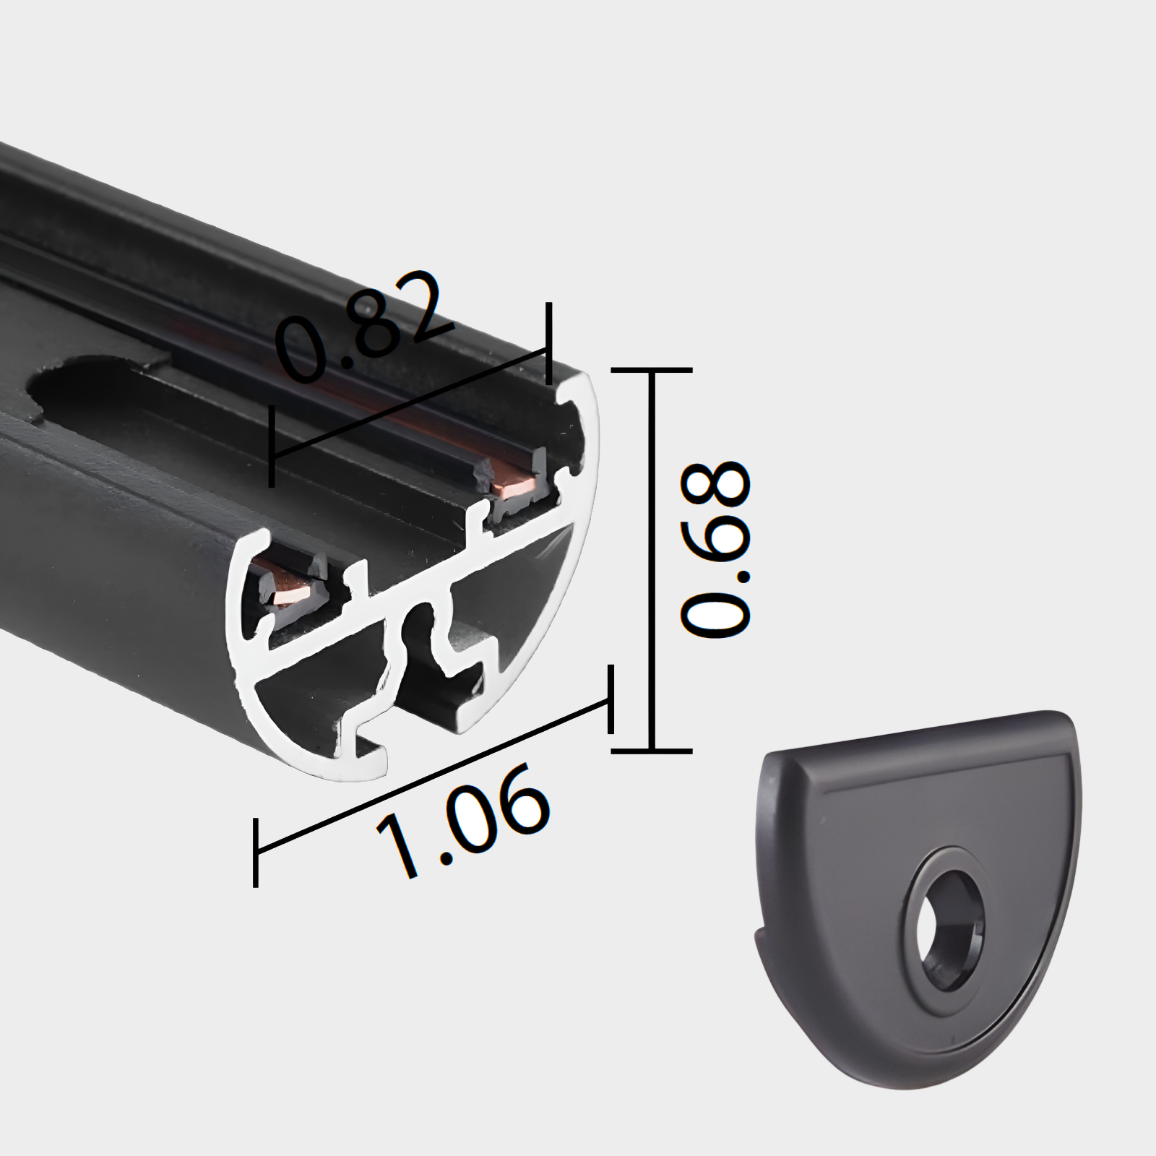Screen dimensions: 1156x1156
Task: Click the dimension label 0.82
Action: [365, 325]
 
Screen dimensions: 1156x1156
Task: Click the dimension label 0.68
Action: [715, 549]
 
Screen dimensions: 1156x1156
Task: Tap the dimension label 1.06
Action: [462, 820]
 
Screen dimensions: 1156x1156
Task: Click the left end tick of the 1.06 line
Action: [256, 853]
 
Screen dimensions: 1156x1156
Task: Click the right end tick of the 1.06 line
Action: [611, 699]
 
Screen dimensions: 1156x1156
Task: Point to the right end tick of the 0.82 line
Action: [549, 343]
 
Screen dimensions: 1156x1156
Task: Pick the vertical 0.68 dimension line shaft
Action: [652, 564]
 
